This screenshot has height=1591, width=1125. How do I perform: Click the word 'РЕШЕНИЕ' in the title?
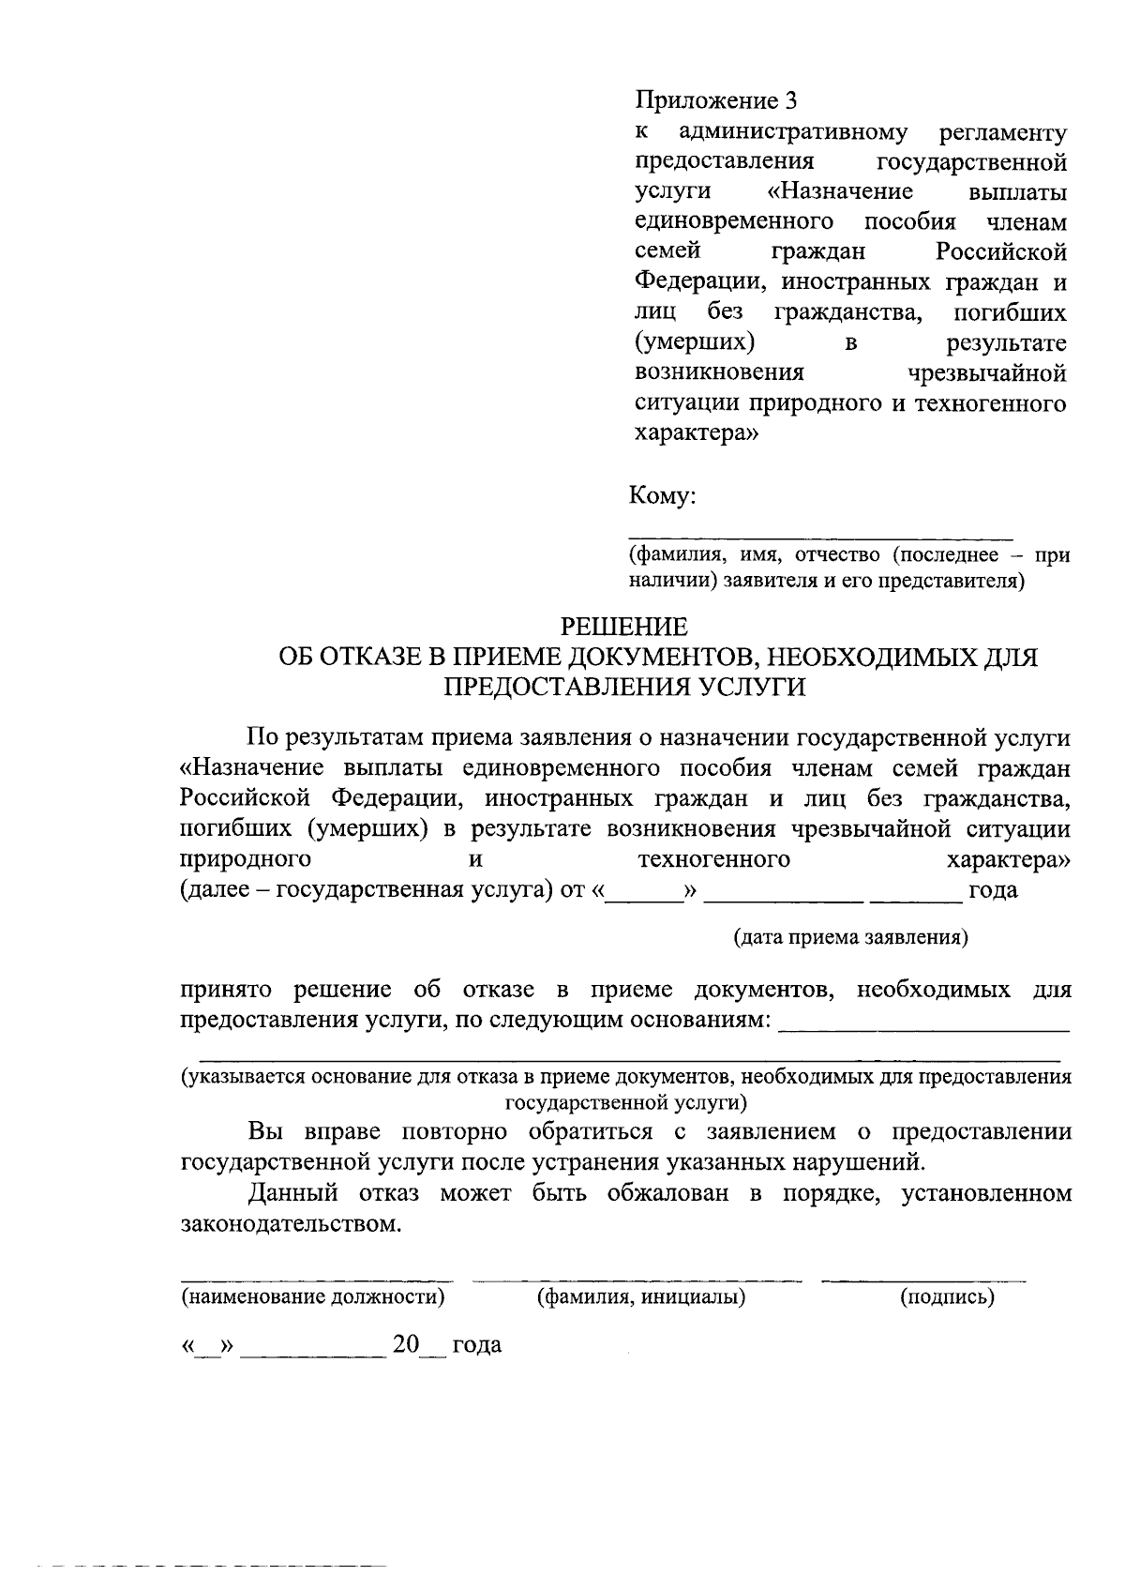coord(623,627)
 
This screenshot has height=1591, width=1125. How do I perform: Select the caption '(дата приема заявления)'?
coord(850,937)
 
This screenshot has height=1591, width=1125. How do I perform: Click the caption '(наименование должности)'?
coord(312,1297)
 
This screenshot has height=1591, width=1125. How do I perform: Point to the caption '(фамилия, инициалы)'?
coord(640,1297)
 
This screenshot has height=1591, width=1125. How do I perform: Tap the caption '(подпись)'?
coord(947,1297)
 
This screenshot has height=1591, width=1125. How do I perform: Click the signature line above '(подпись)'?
coord(923,1280)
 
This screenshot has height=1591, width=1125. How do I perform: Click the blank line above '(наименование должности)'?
coord(315,1280)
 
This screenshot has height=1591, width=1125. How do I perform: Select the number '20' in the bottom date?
coord(406,1344)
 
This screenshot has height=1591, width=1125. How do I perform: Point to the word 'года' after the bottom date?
coord(477,1344)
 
